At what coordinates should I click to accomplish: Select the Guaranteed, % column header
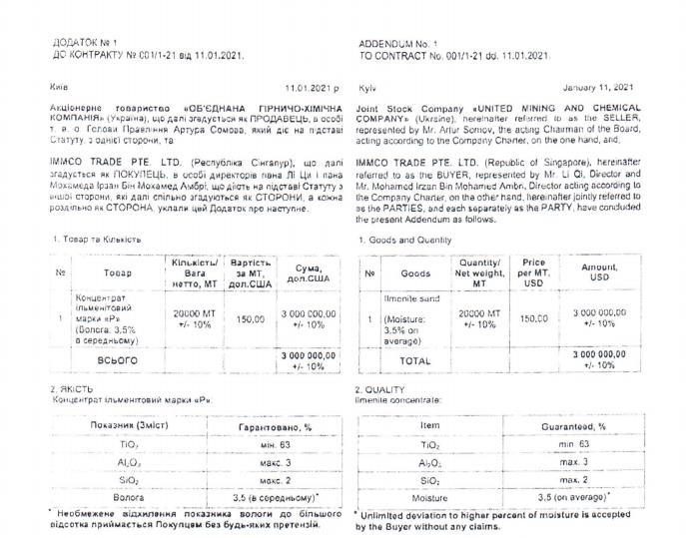[x=574, y=427]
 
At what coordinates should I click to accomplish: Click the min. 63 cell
[x=574, y=444]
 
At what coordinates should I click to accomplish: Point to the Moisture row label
[x=430, y=496]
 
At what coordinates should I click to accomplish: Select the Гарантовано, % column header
[x=268, y=427]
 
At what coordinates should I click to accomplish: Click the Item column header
[x=430, y=427]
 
